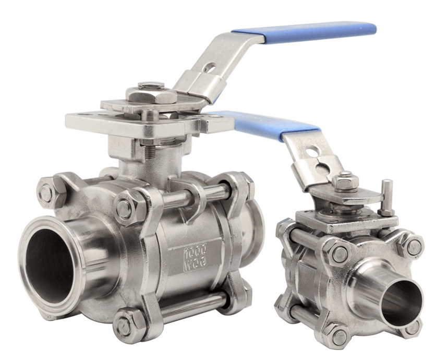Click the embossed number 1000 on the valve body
195,250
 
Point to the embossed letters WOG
195,262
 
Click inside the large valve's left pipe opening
50,266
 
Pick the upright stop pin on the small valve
386,197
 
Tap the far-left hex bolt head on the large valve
46,193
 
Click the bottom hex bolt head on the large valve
124,327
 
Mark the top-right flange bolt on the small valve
414,247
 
